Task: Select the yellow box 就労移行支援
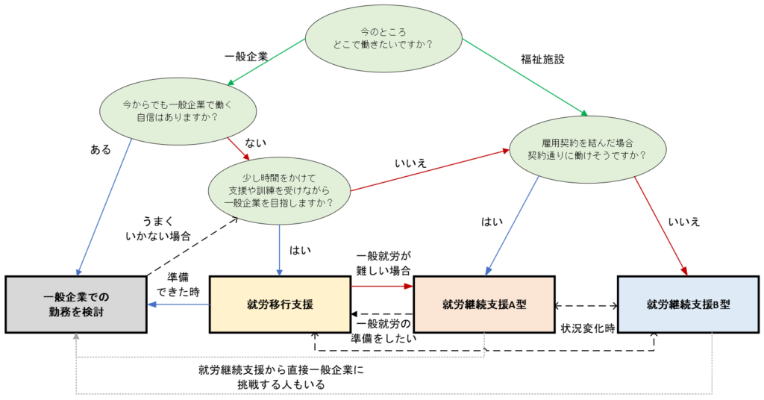(x=280, y=304)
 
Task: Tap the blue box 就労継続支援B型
(x=689, y=304)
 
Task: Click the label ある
(x=100, y=149)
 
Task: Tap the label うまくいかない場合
(x=160, y=228)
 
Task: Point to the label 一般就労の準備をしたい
(x=383, y=330)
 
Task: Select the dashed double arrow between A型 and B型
(x=586, y=305)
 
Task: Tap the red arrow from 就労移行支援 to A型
(x=381, y=285)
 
